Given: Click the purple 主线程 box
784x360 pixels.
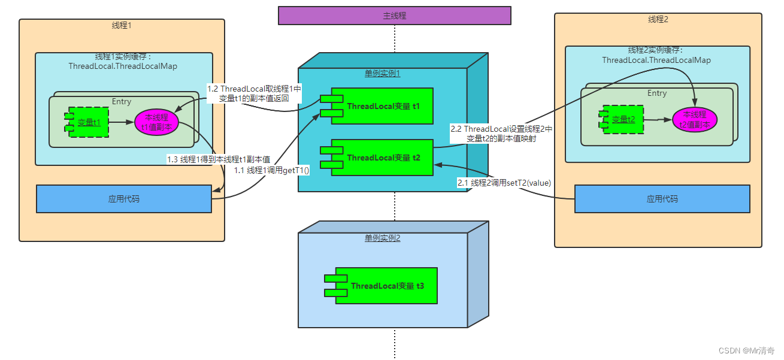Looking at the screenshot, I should point(394,16).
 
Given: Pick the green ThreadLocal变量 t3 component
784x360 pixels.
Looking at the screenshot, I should point(386,286).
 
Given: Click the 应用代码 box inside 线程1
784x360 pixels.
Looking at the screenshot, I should point(124,199).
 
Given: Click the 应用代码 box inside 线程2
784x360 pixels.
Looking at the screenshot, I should point(662,199).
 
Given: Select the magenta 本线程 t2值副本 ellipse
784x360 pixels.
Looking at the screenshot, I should point(695,120).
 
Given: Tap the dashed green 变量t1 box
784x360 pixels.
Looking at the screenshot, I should point(88,122).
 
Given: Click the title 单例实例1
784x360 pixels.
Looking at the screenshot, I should point(382,73).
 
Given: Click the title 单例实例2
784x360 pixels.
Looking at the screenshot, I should point(382,238).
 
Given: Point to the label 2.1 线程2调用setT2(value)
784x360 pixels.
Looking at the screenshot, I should point(504,183).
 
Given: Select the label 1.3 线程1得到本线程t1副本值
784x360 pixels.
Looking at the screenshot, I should point(218,159).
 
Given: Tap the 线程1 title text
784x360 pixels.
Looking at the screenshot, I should point(122,26).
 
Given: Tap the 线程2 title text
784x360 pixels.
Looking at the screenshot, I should point(658,20).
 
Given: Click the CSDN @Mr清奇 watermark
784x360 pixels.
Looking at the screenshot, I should point(746,350).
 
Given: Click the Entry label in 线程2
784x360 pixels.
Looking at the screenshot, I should point(656,93).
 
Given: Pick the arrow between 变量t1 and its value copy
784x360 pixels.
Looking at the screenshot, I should point(122,122).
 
